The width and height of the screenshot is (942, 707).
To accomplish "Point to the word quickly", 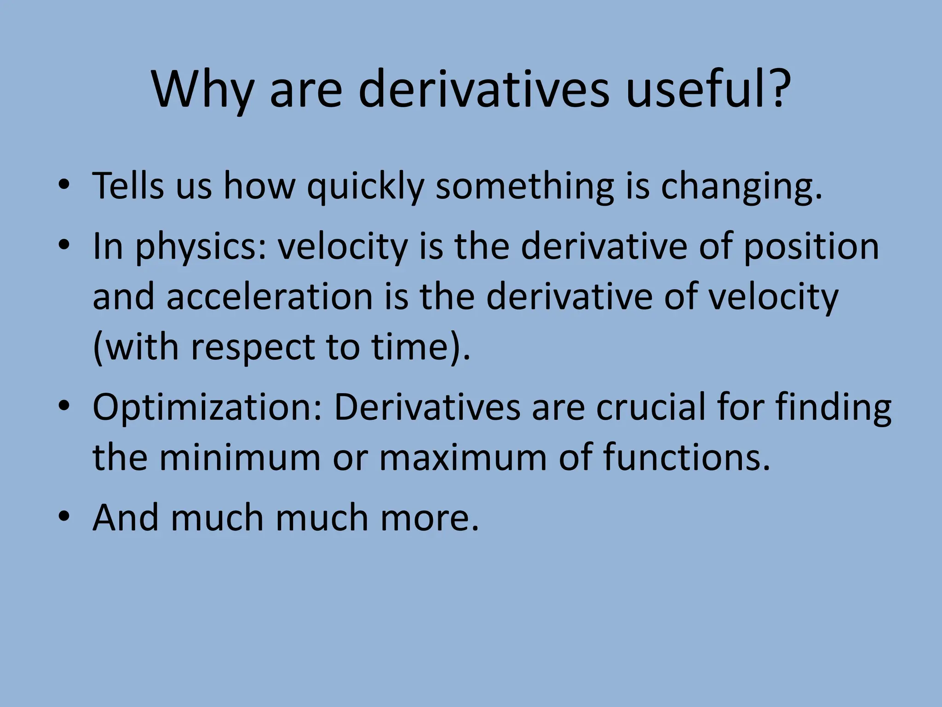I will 366,186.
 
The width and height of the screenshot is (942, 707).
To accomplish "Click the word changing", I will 741,186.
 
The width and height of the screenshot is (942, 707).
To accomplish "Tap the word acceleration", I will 269,297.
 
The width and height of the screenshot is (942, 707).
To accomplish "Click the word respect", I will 253,348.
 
